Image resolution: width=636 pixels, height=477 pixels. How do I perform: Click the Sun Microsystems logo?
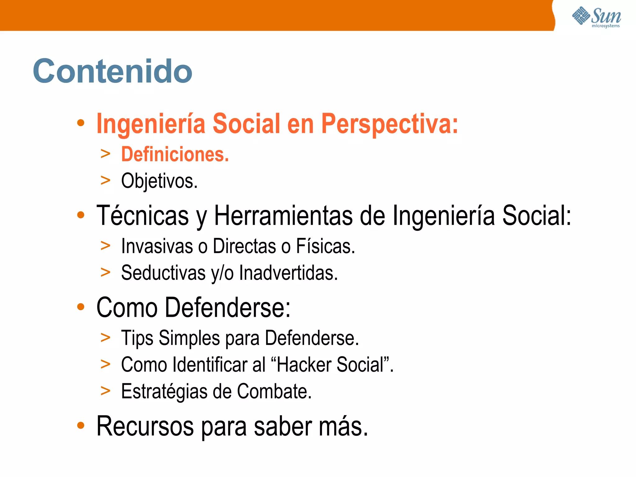tap(596, 17)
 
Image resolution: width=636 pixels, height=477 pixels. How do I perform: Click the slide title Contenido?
tap(112, 71)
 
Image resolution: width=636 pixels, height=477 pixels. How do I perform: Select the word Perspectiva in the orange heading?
tap(389, 124)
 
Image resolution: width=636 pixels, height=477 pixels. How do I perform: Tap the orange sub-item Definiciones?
tap(175, 154)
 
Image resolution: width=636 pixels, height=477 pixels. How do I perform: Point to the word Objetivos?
tap(159, 181)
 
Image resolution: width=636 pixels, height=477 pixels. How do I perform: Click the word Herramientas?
tap(283, 216)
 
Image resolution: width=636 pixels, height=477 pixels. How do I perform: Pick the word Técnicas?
tap(143, 216)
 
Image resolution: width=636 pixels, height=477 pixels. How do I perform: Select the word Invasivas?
tap(157, 246)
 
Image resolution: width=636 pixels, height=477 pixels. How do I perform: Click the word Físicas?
tap(325, 246)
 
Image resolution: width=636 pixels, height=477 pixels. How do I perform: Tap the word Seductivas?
tap(163, 273)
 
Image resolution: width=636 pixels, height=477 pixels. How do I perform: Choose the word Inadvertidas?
tap(288, 273)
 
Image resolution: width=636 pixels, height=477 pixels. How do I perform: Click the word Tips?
tap(137, 338)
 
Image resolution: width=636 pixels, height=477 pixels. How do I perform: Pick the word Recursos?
tap(145, 426)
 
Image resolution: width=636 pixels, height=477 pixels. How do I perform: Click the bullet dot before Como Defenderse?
tap(81, 307)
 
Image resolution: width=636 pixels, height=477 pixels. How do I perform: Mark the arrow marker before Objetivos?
tap(106, 180)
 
